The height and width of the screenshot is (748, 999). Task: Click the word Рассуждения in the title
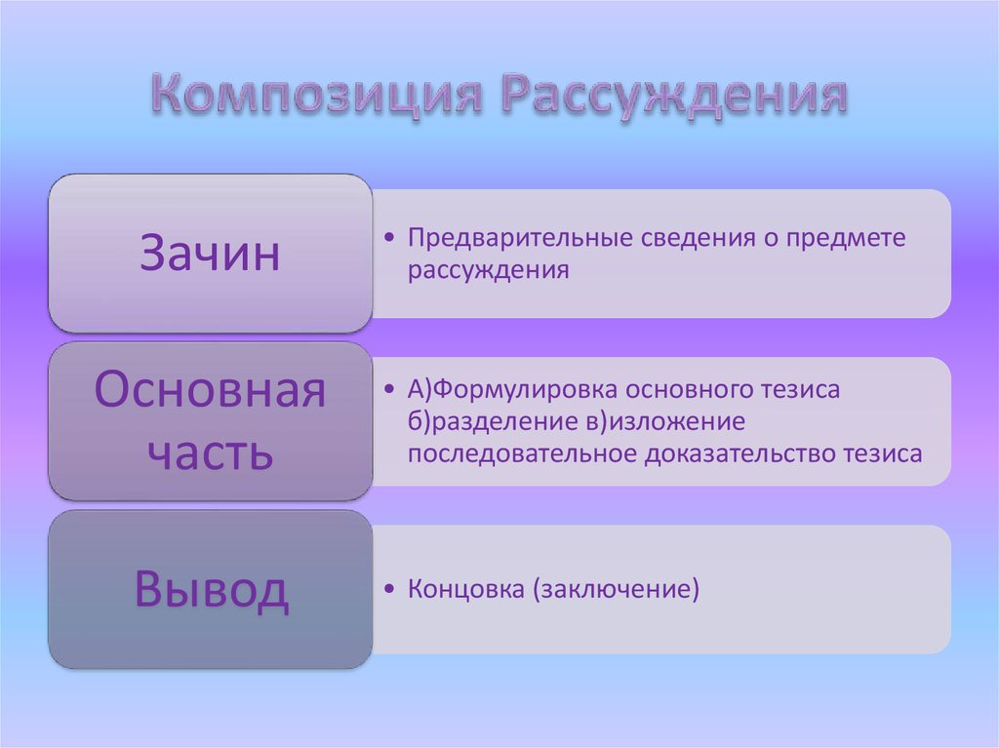[674, 95]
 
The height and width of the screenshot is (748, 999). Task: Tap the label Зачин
[210, 253]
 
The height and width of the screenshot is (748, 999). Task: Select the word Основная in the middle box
[211, 389]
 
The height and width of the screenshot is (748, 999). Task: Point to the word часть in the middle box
[211, 452]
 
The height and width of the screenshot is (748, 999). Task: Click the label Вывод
[212, 589]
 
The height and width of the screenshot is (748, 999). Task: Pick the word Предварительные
[521, 238]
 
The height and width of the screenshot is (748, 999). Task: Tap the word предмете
[846, 238]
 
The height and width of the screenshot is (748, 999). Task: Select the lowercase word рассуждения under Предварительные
[488, 270]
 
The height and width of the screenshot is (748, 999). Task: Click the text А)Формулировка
[513, 389]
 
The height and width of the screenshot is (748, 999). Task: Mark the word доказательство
[741, 454]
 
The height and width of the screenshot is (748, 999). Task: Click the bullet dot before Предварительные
[389, 238]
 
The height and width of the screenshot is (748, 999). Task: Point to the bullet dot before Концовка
[389, 589]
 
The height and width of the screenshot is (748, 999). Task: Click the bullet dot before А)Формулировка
[389, 389]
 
